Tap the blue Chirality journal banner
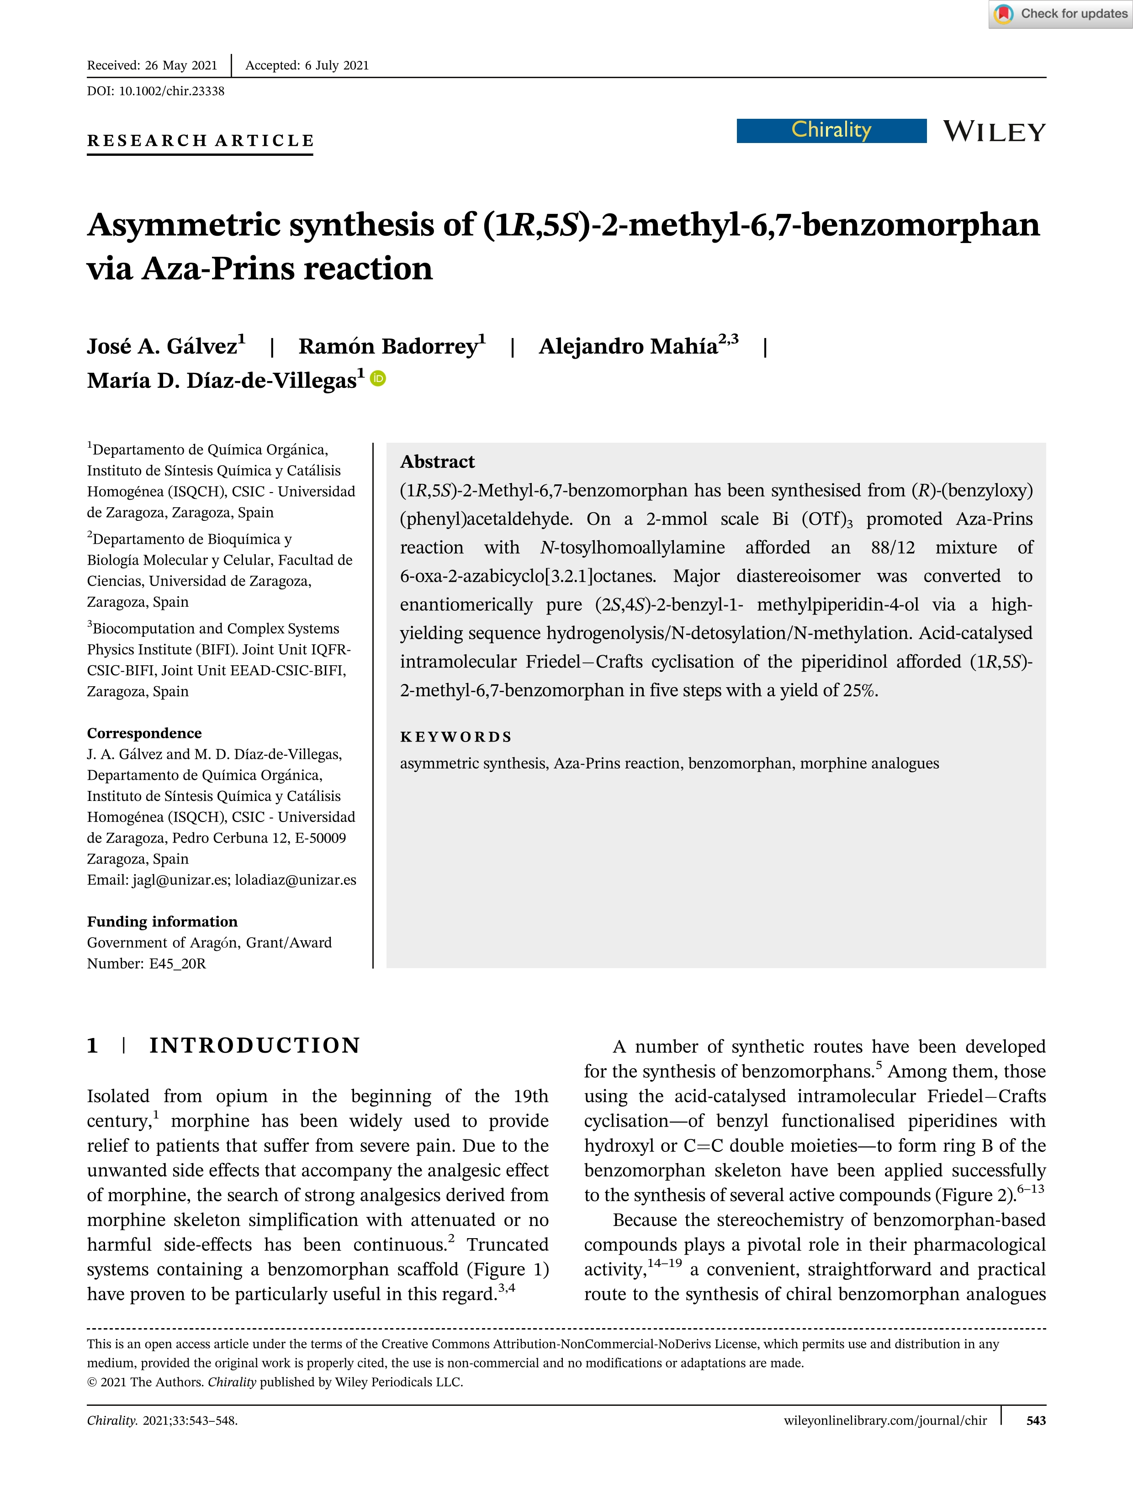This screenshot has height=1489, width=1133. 831,130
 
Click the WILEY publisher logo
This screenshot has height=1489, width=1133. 994,132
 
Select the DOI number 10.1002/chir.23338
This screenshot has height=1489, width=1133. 171,91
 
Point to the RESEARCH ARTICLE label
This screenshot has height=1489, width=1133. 200,140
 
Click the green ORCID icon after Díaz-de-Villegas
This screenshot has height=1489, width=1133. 378,379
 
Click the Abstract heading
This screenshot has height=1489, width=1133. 437,462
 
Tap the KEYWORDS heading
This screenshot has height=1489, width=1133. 456,737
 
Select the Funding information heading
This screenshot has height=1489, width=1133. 162,921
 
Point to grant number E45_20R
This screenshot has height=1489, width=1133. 177,964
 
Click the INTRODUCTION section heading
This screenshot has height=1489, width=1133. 254,1045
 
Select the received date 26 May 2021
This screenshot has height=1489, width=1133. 181,65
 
